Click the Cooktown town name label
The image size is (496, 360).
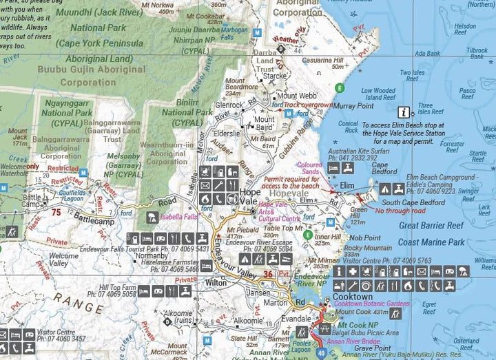pyautogui.click(x=352, y=297)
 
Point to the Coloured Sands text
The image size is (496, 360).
pyautogui.click(x=309, y=167)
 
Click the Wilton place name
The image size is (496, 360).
pyautogui.click(x=216, y=282)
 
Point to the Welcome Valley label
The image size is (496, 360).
pyautogui.click(x=63, y=260)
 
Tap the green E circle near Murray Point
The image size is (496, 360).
pyautogui.click(x=338, y=87)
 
